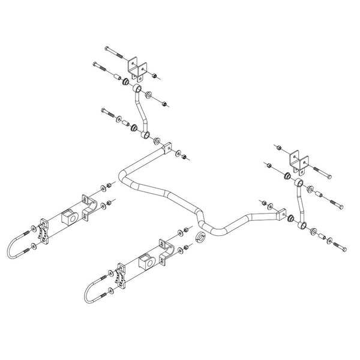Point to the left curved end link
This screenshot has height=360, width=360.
tap(142, 114)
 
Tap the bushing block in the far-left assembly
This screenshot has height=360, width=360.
tap(69, 216)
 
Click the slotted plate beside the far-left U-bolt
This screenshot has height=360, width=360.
tap(44, 231)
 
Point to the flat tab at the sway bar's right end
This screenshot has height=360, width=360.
tap(280, 212)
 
